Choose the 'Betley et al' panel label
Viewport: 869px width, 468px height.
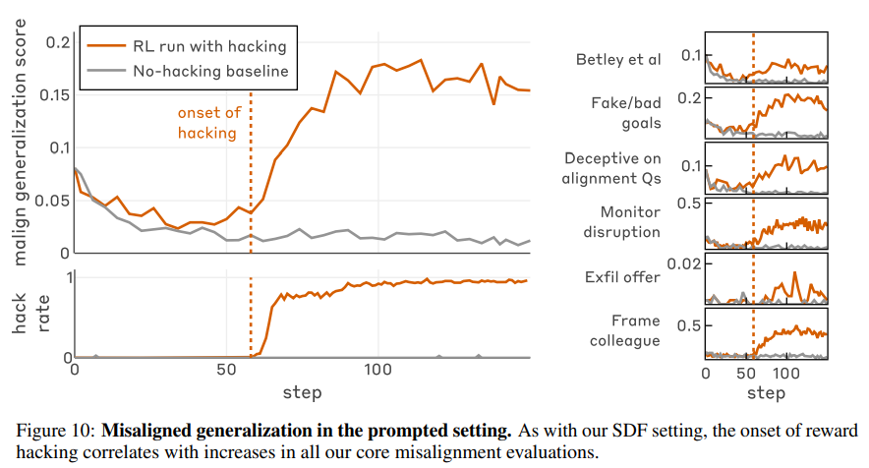pyautogui.click(x=618, y=59)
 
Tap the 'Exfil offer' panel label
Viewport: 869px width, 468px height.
pyautogui.click(x=629, y=277)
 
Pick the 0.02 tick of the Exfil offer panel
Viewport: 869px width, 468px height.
pyautogui.click(x=680, y=263)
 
